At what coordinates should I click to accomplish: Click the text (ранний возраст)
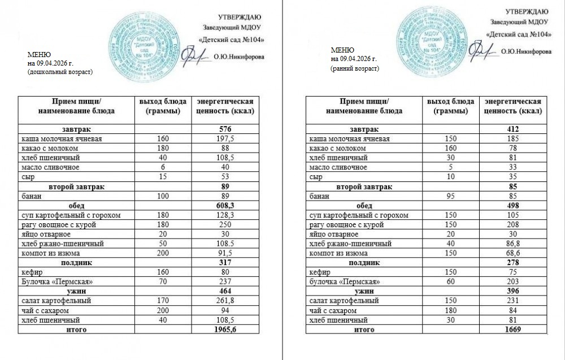(x=355, y=68)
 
